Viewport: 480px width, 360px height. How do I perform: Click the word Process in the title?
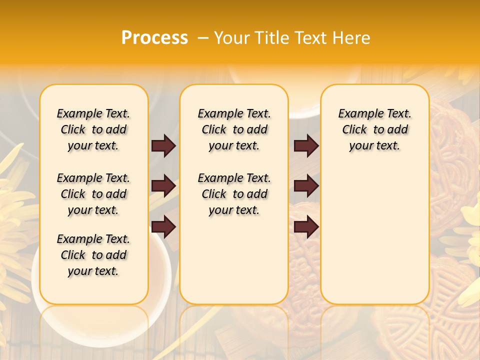[x=154, y=38]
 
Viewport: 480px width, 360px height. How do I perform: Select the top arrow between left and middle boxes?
[x=163, y=146]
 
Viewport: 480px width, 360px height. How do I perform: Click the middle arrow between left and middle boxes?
[x=163, y=186]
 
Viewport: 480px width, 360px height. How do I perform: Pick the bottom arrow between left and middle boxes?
[x=163, y=226]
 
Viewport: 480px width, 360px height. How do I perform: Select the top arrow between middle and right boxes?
[x=306, y=146]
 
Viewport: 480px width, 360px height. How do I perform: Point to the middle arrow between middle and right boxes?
[x=306, y=186]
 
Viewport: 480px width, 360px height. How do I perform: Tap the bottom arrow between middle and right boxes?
[x=306, y=226]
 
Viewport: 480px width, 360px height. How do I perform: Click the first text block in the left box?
[x=93, y=129]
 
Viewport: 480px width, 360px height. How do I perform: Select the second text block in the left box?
[x=93, y=194]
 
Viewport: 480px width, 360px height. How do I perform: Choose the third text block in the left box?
[x=93, y=255]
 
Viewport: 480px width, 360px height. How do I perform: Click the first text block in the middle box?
[x=234, y=129]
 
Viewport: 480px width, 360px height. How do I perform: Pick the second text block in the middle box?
[x=234, y=194]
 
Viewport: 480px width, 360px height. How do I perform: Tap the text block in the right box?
[x=375, y=129]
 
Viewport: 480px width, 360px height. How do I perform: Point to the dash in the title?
[x=203, y=38]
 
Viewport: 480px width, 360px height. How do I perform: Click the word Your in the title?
[x=232, y=38]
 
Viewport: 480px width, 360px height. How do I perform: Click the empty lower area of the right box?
[x=375, y=235]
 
